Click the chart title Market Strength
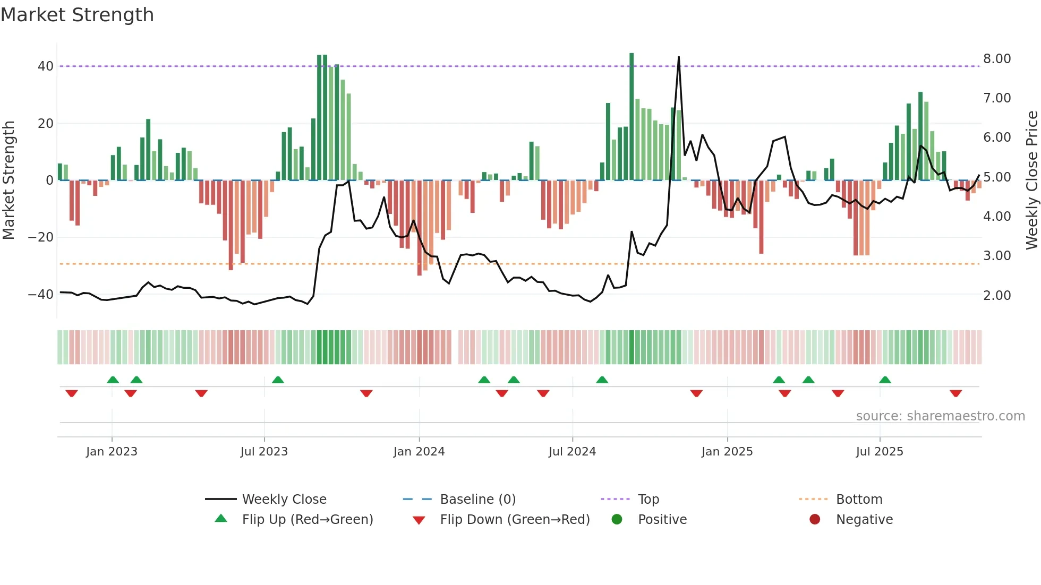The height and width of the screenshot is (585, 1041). pyautogui.click(x=77, y=15)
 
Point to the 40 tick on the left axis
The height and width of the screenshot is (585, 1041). pyautogui.click(x=46, y=66)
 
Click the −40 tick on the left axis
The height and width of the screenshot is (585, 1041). pyautogui.click(x=41, y=294)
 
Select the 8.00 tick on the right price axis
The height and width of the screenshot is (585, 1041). pyautogui.click(x=997, y=58)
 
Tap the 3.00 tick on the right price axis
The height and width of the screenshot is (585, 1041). pyautogui.click(x=997, y=255)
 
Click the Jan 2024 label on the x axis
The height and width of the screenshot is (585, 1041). pyautogui.click(x=419, y=452)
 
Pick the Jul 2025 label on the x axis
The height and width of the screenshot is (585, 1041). pyautogui.click(x=880, y=452)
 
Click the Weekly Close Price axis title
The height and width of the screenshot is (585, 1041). pyautogui.click(x=1031, y=180)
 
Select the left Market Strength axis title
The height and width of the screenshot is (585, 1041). pyautogui.click(x=8, y=180)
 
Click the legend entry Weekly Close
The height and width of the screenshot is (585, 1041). pyautogui.click(x=284, y=500)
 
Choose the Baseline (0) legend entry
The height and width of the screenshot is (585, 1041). pyautogui.click(x=477, y=500)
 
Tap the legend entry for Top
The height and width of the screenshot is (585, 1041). pyautogui.click(x=648, y=500)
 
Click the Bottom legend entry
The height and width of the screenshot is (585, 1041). pyautogui.click(x=859, y=500)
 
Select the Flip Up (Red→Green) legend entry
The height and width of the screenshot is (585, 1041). pyautogui.click(x=308, y=520)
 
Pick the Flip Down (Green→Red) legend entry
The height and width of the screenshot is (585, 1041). pyautogui.click(x=515, y=520)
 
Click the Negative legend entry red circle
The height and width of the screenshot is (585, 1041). pyautogui.click(x=815, y=519)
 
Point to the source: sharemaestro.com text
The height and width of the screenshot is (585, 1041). pyautogui.click(x=940, y=416)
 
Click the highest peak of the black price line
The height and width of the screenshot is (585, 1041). pyautogui.click(x=679, y=57)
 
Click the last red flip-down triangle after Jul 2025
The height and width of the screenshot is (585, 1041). pyautogui.click(x=956, y=393)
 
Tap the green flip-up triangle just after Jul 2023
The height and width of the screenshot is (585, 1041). pyautogui.click(x=278, y=380)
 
